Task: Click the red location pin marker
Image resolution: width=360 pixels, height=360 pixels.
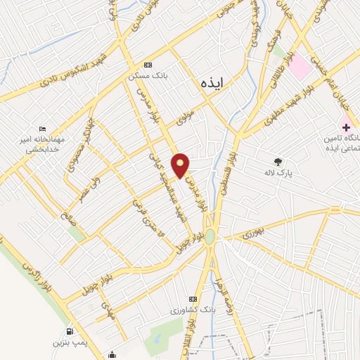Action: tap(181, 165)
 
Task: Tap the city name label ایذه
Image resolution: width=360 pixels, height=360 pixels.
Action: tap(210, 82)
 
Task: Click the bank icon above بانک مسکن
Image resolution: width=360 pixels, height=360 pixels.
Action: tap(146, 64)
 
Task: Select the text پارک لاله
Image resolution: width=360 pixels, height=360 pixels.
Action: tap(278, 172)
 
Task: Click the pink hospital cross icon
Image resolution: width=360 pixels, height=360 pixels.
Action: tap(345, 127)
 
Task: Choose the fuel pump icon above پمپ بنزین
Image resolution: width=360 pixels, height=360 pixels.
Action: tap(69, 332)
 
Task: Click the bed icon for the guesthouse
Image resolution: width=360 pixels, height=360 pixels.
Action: tap(43, 129)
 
